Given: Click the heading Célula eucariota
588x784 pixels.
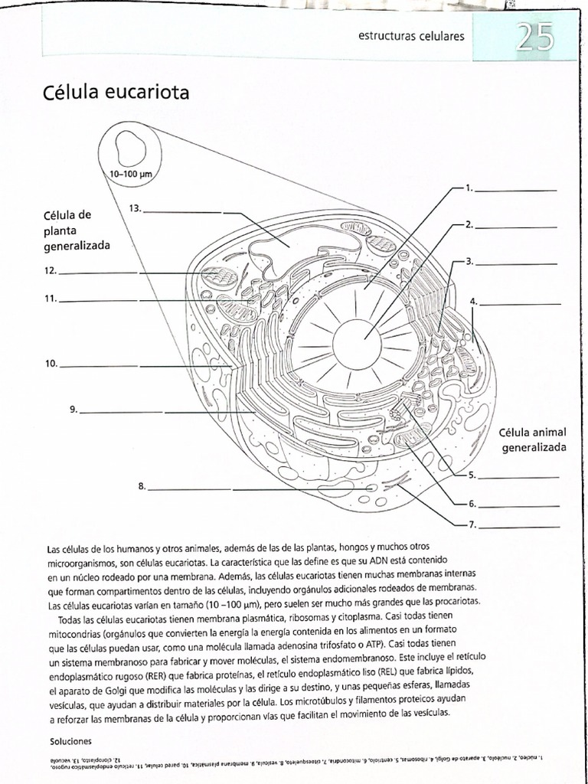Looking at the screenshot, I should (x=118, y=93).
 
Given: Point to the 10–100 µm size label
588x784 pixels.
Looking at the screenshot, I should (x=131, y=175).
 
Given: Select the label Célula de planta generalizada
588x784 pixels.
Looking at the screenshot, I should (x=77, y=230).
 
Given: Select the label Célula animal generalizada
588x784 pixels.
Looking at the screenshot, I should (x=534, y=439).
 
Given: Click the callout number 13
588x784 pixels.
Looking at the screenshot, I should (x=136, y=208).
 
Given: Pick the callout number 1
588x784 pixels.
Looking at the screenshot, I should (x=469, y=188).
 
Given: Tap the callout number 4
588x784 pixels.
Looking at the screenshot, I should (x=474, y=302).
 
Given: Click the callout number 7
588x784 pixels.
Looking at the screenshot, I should (x=472, y=525).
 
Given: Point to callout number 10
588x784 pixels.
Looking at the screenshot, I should (x=51, y=364).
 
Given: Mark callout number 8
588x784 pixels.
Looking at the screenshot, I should (x=142, y=486).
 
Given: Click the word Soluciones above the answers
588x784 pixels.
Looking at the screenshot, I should (x=70, y=741).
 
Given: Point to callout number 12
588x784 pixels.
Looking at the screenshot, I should (x=51, y=270).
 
